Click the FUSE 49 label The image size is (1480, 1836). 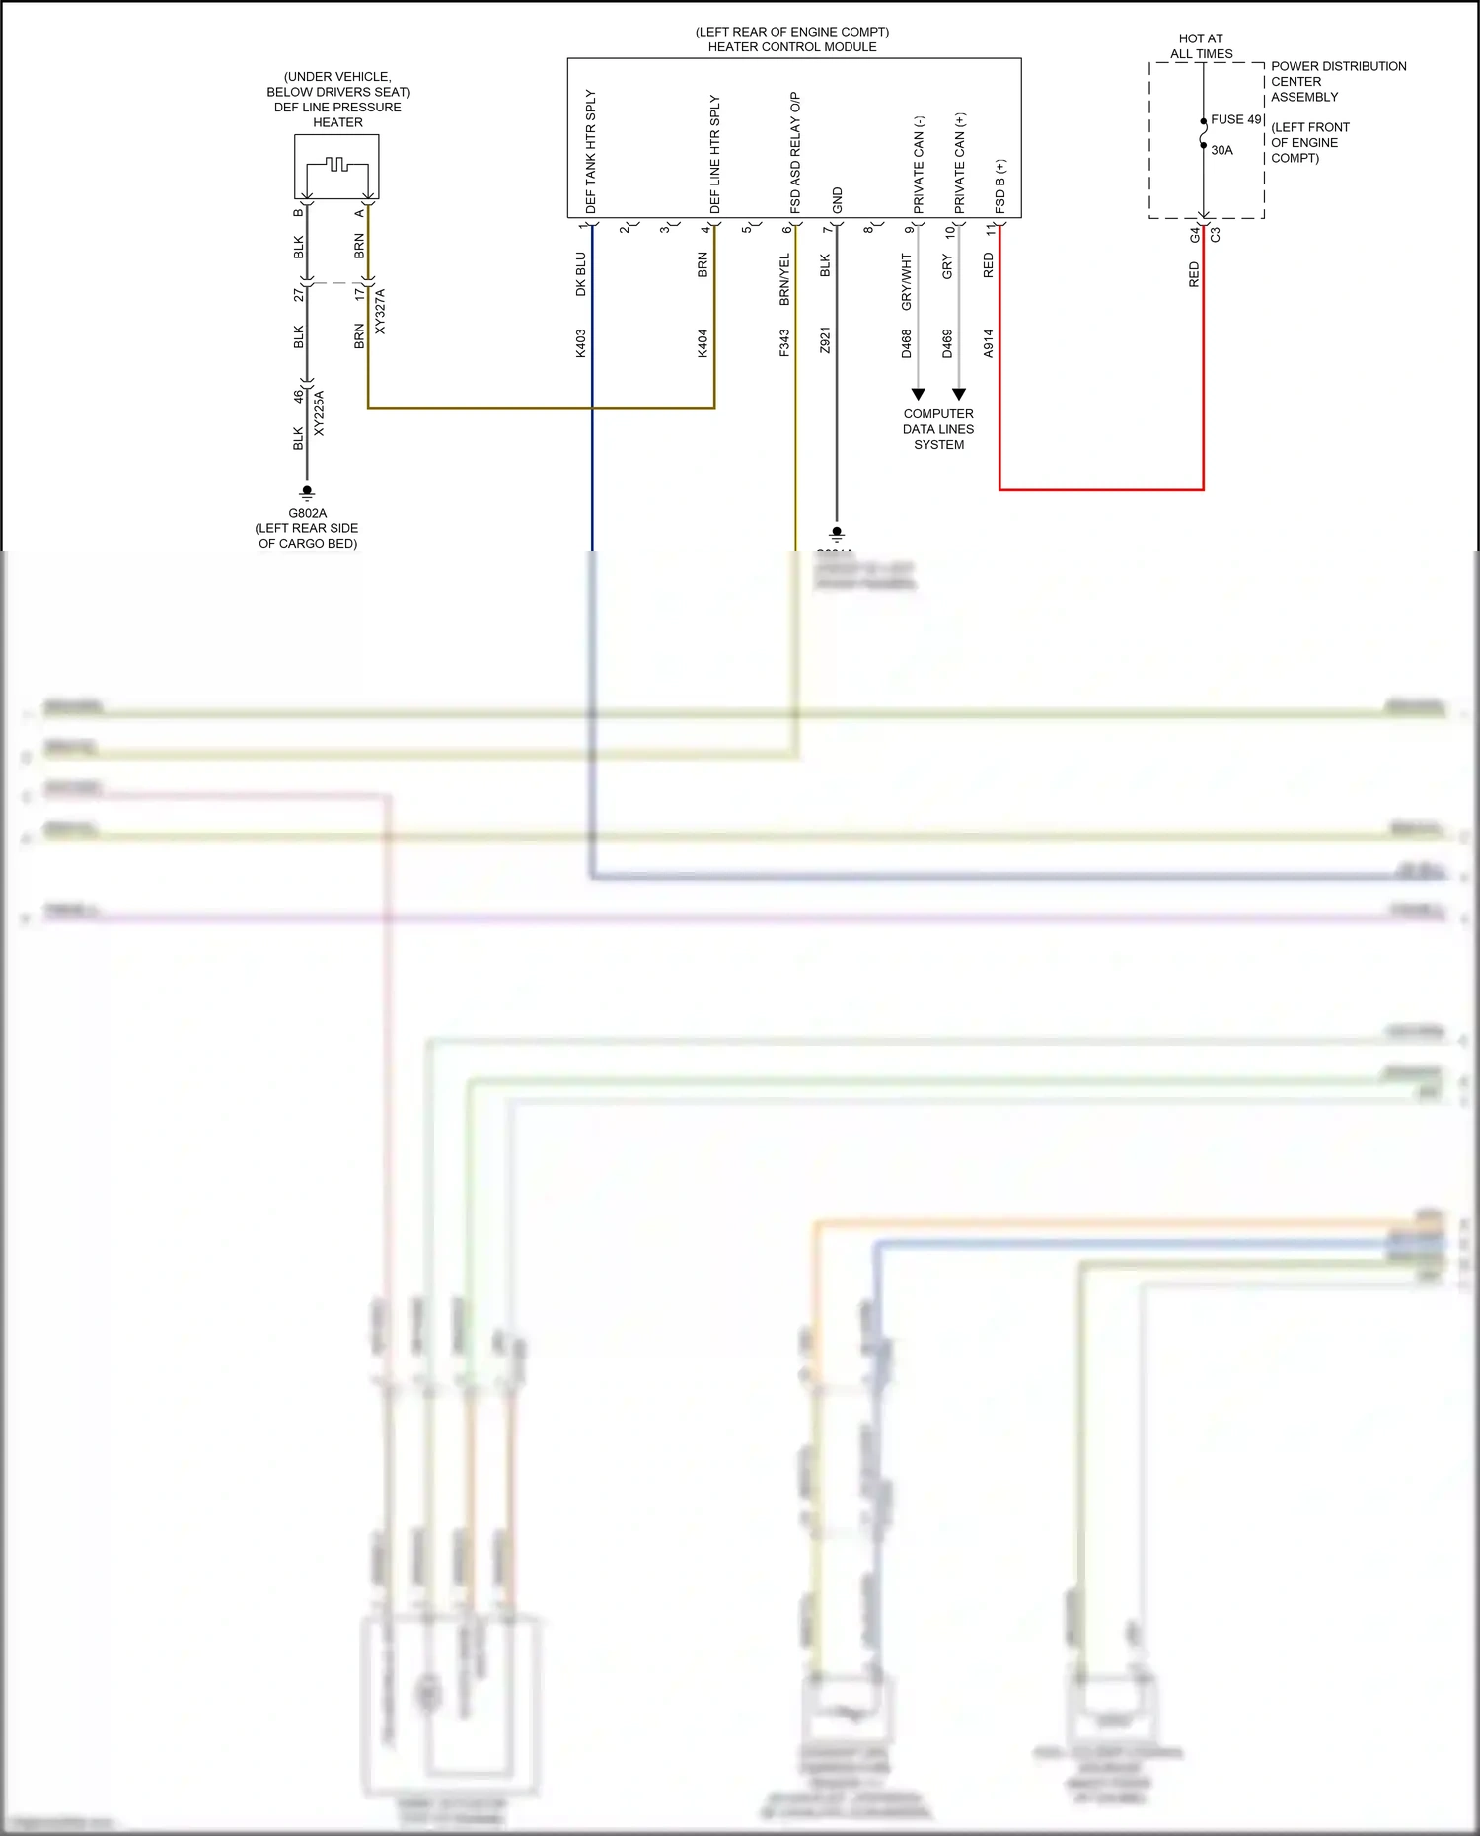[x=1235, y=119]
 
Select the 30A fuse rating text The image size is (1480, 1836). [x=1221, y=150]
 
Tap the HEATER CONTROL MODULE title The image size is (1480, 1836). [x=791, y=46]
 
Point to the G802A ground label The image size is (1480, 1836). [x=307, y=513]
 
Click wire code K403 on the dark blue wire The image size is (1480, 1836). [x=581, y=342]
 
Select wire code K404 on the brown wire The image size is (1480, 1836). [x=703, y=342]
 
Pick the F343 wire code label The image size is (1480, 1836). [x=784, y=342]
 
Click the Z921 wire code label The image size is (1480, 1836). [x=825, y=340]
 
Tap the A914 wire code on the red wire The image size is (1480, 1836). [x=988, y=342]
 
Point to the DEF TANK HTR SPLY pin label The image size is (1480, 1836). [x=591, y=151]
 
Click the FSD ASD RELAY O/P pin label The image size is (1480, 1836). [x=795, y=152]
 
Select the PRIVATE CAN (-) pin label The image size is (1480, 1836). [x=919, y=164]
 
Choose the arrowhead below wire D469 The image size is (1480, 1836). [x=959, y=394]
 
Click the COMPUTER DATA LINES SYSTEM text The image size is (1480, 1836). [x=938, y=429]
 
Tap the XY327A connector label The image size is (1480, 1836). [x=380, y=311]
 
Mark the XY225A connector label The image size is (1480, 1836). [x=319, y=412]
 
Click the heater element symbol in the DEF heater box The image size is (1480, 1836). [x=337, y=165]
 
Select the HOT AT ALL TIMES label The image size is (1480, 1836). [x=1201, y=46]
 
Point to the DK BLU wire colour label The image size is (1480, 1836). [x=581, y=273]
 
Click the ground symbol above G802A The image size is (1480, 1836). [x=307, y=492]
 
